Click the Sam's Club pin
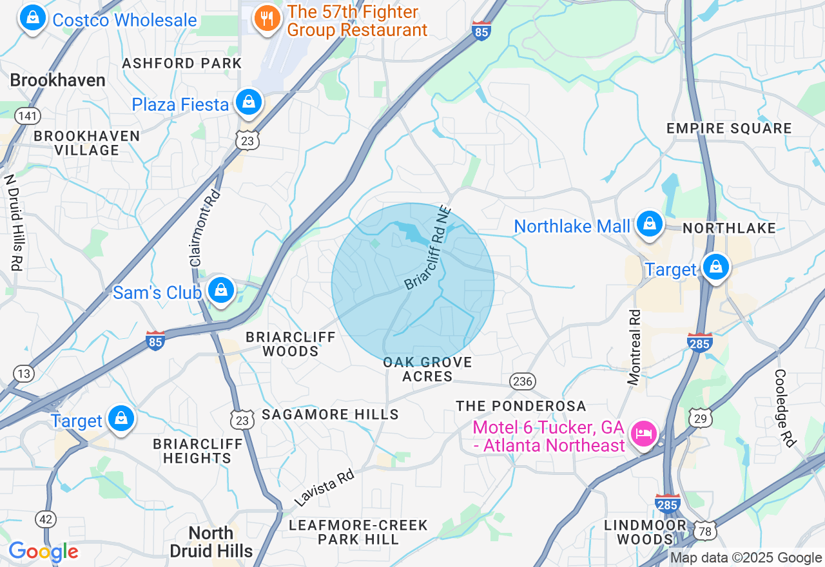click(x=221, y=291)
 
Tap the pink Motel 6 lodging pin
click(x=644, y=432)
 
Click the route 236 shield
click(x=522, y=381)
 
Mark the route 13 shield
click(x=24, y=373)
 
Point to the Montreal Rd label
click(x=635, y=347)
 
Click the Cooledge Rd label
click(x=785, y=408)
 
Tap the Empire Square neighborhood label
click(x=729, y=128)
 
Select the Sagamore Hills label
click(x=331, y=414)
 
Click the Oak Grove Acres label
click(x=427, y=369)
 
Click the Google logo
click(x=43, y=552)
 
